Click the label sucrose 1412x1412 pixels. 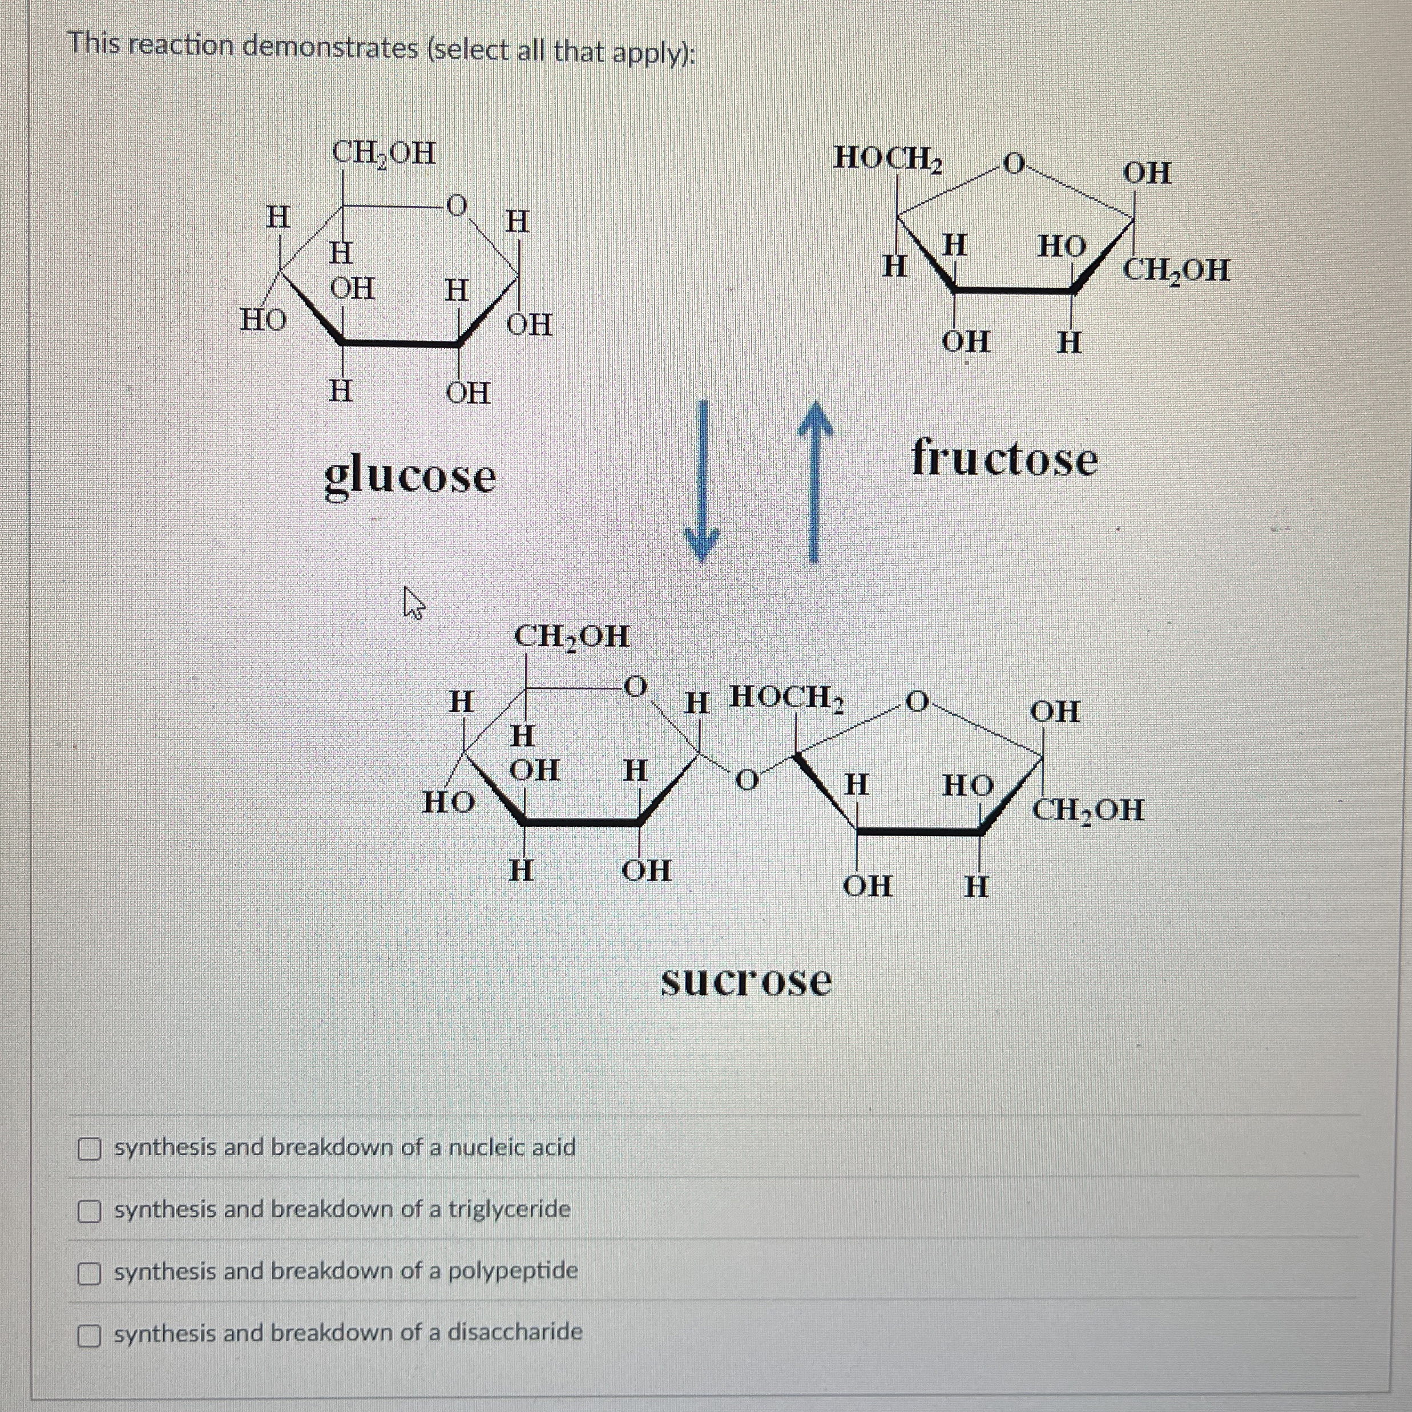pyautogui.click(x=745, y=981)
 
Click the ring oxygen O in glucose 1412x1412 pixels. pyautogui.click(x=456, y=205)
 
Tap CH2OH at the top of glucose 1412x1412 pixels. pyautogui.click(x=384, y=154)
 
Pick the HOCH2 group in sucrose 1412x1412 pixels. pyautogui.click(x=788, y=697)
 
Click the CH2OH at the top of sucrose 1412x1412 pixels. pyautogui.click(x=571, y=636)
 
